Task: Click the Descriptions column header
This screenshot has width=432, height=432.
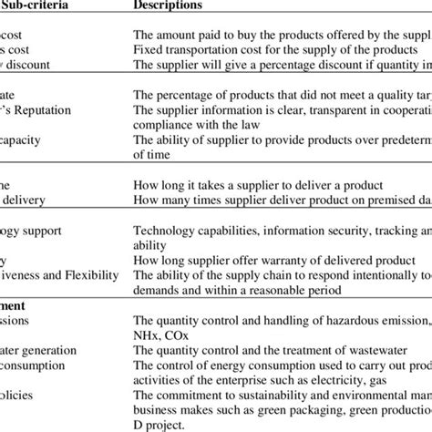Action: [x=169, y=5]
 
